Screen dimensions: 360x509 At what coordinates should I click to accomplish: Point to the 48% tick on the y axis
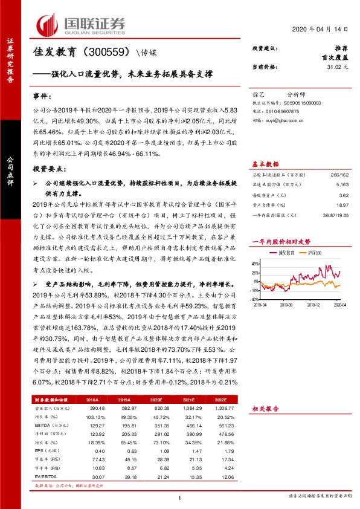coord(256,264)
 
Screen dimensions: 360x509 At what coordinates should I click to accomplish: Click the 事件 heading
coord(43,96)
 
